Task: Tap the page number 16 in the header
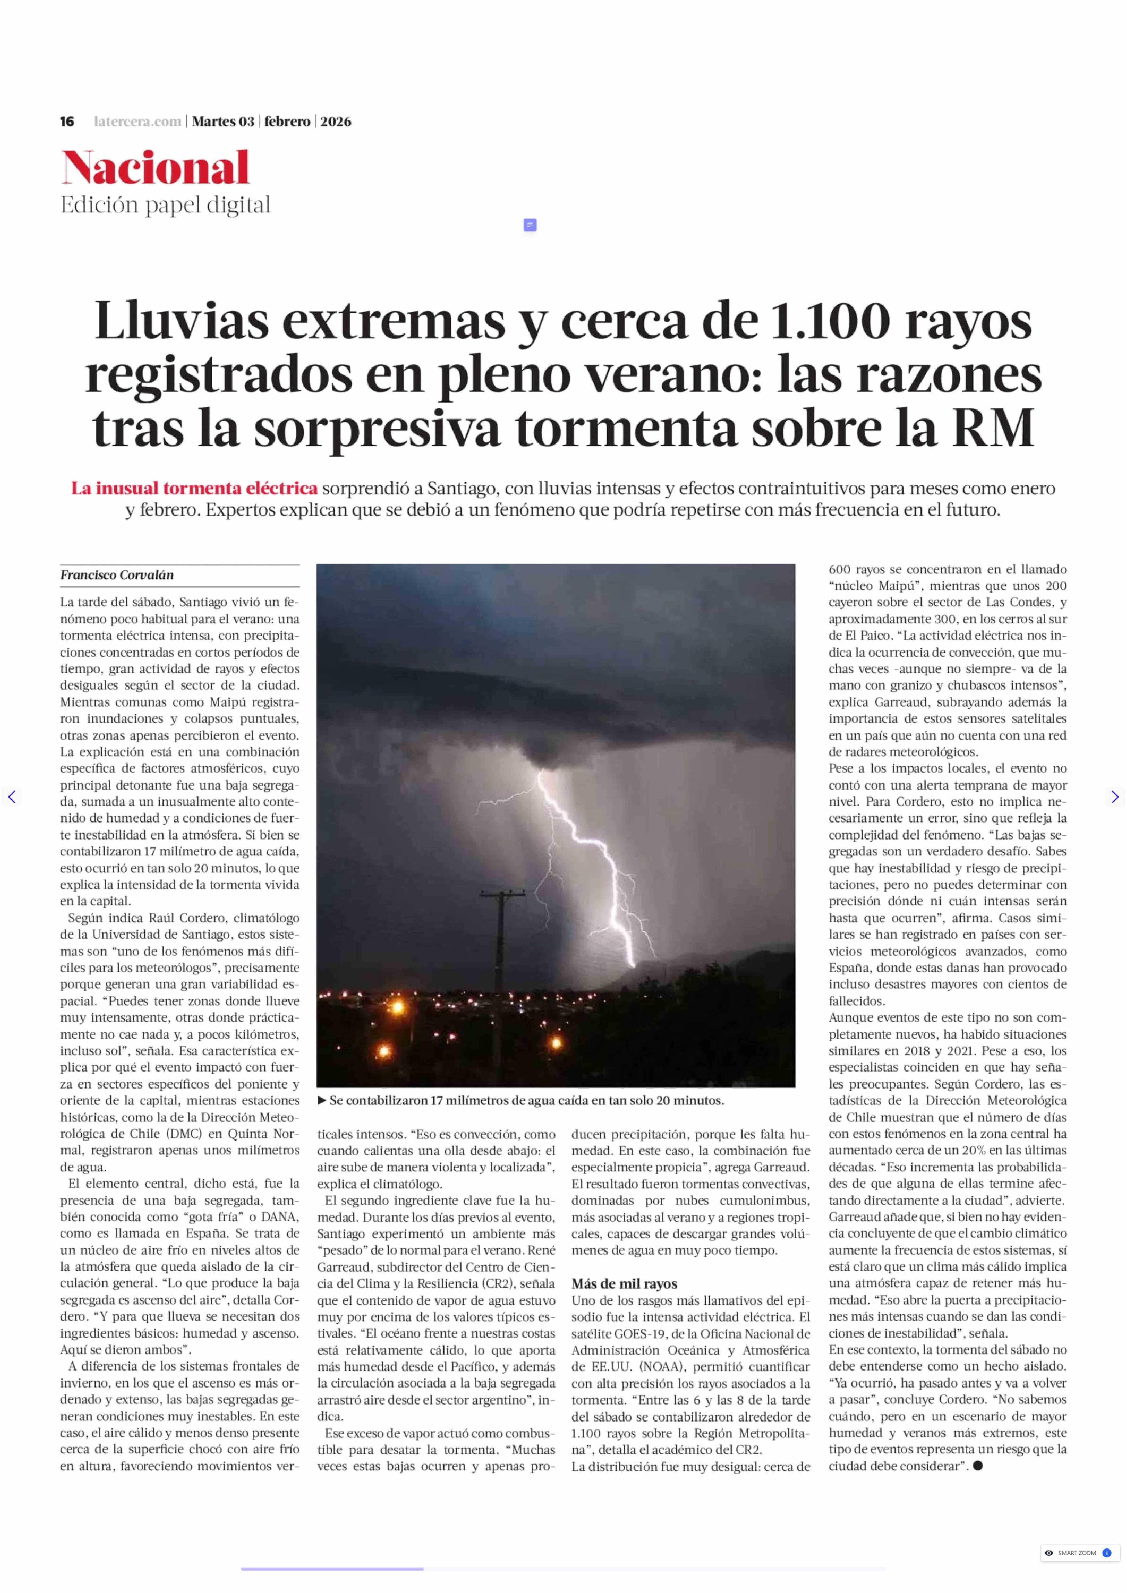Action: [x=67, y=121]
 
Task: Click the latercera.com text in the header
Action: [x=137, y=121]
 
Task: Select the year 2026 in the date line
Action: [x=336, y=121]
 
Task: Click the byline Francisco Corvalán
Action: [x=117, y=575]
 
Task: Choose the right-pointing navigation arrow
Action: [x=1115, y=797]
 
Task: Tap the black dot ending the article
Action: [x=978, y=1465]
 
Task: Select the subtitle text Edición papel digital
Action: [x=165, y=205]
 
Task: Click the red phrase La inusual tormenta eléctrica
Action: [x=194, y=489]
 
